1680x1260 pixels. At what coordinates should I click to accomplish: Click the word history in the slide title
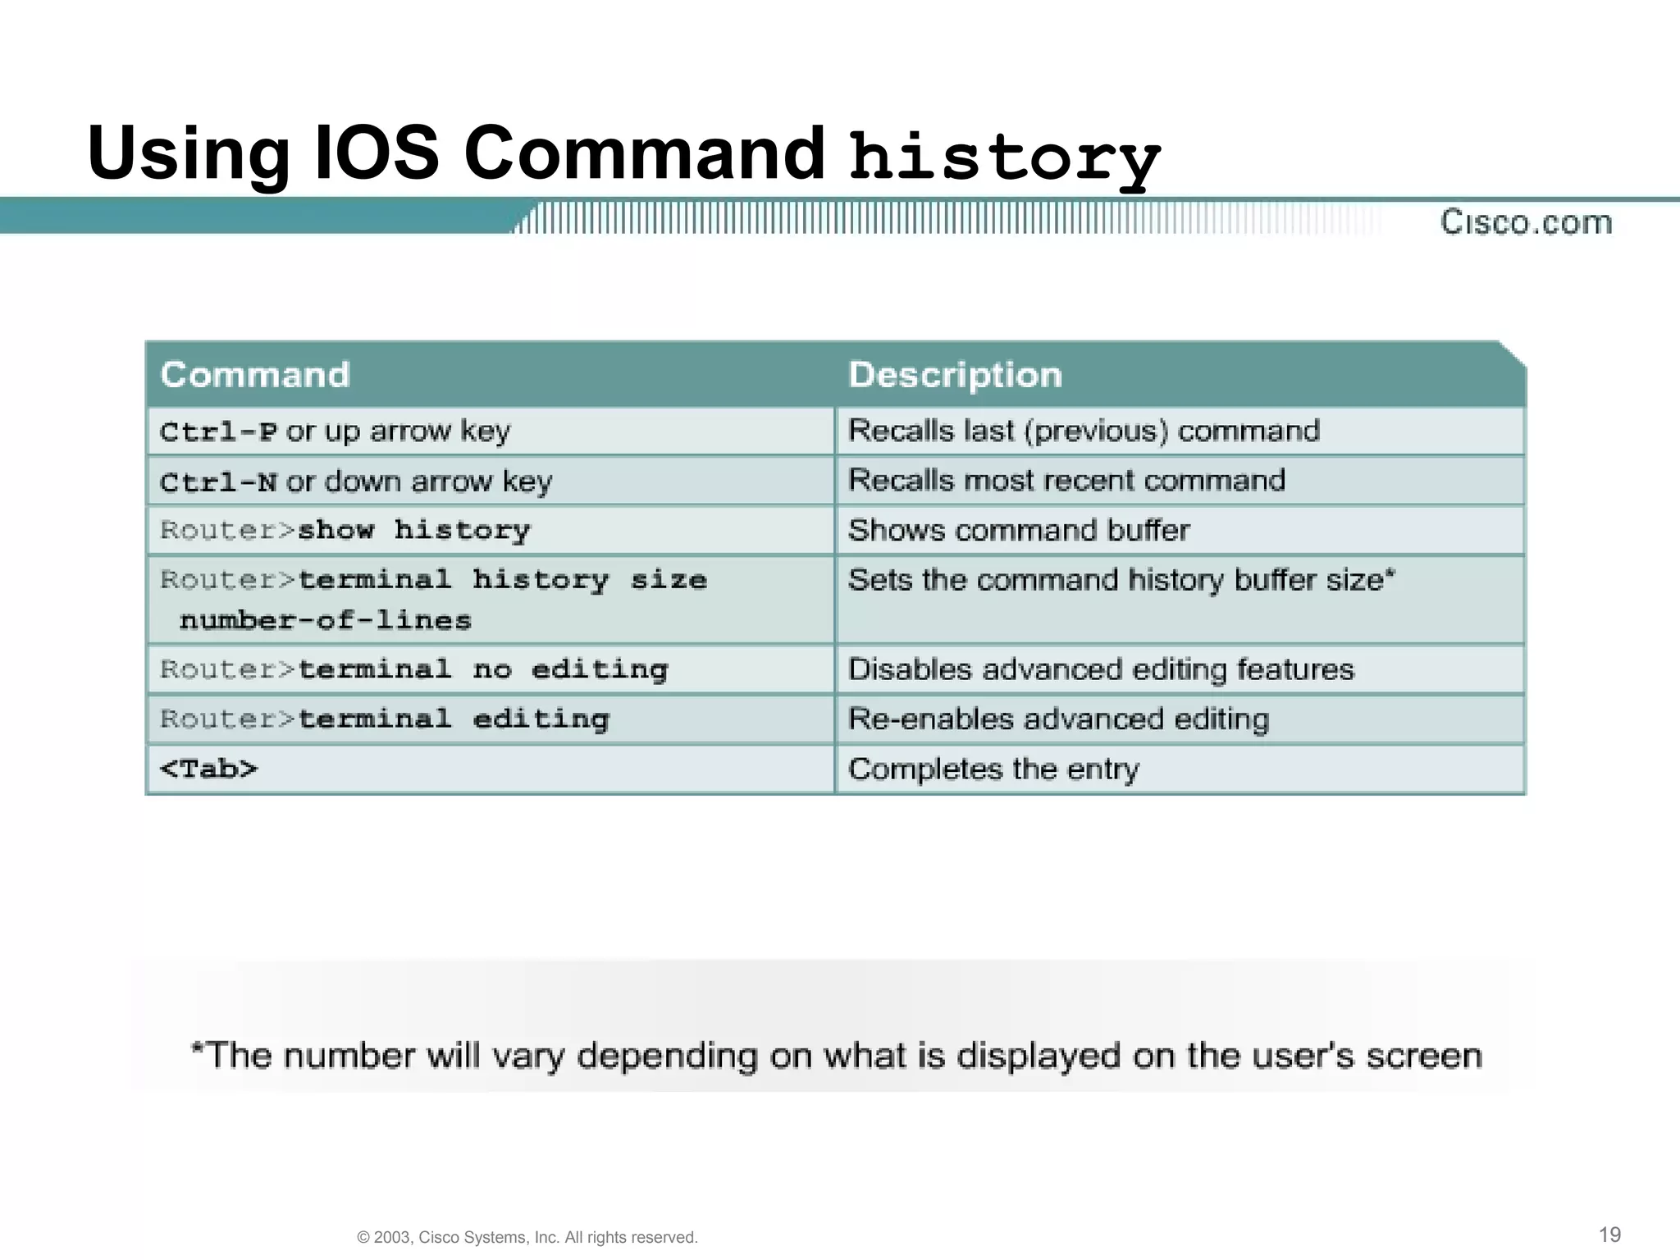click(x=1004, y=157)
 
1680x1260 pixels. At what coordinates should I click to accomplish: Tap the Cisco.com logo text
click(x=1526, y=222)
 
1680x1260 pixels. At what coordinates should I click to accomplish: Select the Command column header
click(x=255, y=375)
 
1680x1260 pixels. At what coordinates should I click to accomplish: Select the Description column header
click(x=955, y=375)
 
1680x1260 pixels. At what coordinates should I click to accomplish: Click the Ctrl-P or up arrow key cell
click(x=336, y=431)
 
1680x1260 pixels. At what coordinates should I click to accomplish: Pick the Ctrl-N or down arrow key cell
click(x=356, y=482)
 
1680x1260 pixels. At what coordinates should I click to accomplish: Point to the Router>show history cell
click(x=345, y=531)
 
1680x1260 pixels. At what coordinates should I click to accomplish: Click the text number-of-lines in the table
click(x=326, y=620)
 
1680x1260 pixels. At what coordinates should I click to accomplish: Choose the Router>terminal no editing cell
click(x=414, y=670)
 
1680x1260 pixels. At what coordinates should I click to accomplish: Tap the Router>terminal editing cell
click(x=385, y=719)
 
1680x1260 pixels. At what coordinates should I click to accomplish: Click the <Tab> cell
click(x=208, y=769)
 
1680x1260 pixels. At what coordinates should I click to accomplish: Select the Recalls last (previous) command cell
click(x=1084, y=431)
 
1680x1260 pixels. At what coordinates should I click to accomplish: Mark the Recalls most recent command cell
click(x=1066, y=481)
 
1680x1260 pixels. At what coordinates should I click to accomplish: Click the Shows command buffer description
click(x=1019, y=531)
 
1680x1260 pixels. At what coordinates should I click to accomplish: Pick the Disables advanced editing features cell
click(x=1101, y=670)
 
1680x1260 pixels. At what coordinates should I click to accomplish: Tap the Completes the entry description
click(x=993, y=769)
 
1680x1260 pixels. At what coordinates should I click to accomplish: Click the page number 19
click(x=1609, y=1235)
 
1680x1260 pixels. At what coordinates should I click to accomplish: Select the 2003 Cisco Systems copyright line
click(x=527, y=1237)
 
